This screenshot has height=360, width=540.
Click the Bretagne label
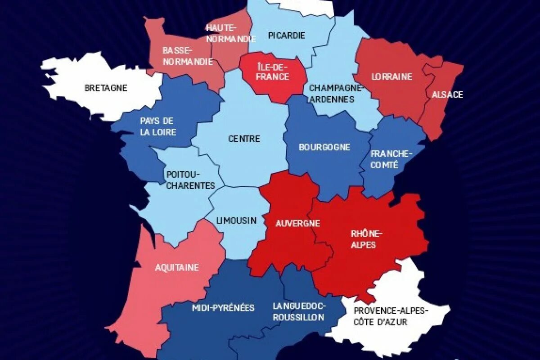106,88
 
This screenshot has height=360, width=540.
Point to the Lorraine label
391,76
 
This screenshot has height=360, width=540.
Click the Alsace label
447,94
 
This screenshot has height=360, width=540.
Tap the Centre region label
244,139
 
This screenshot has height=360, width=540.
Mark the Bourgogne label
324,147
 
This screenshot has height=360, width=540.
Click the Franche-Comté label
391,159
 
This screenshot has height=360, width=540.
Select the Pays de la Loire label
157,126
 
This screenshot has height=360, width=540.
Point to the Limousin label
236,220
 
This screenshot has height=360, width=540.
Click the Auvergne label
292,223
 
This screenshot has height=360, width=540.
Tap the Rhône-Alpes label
366,239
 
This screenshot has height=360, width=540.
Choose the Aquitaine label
177,268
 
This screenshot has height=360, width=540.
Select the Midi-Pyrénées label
223,308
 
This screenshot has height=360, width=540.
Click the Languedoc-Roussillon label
298,311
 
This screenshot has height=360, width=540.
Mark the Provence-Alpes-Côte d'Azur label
391,316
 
